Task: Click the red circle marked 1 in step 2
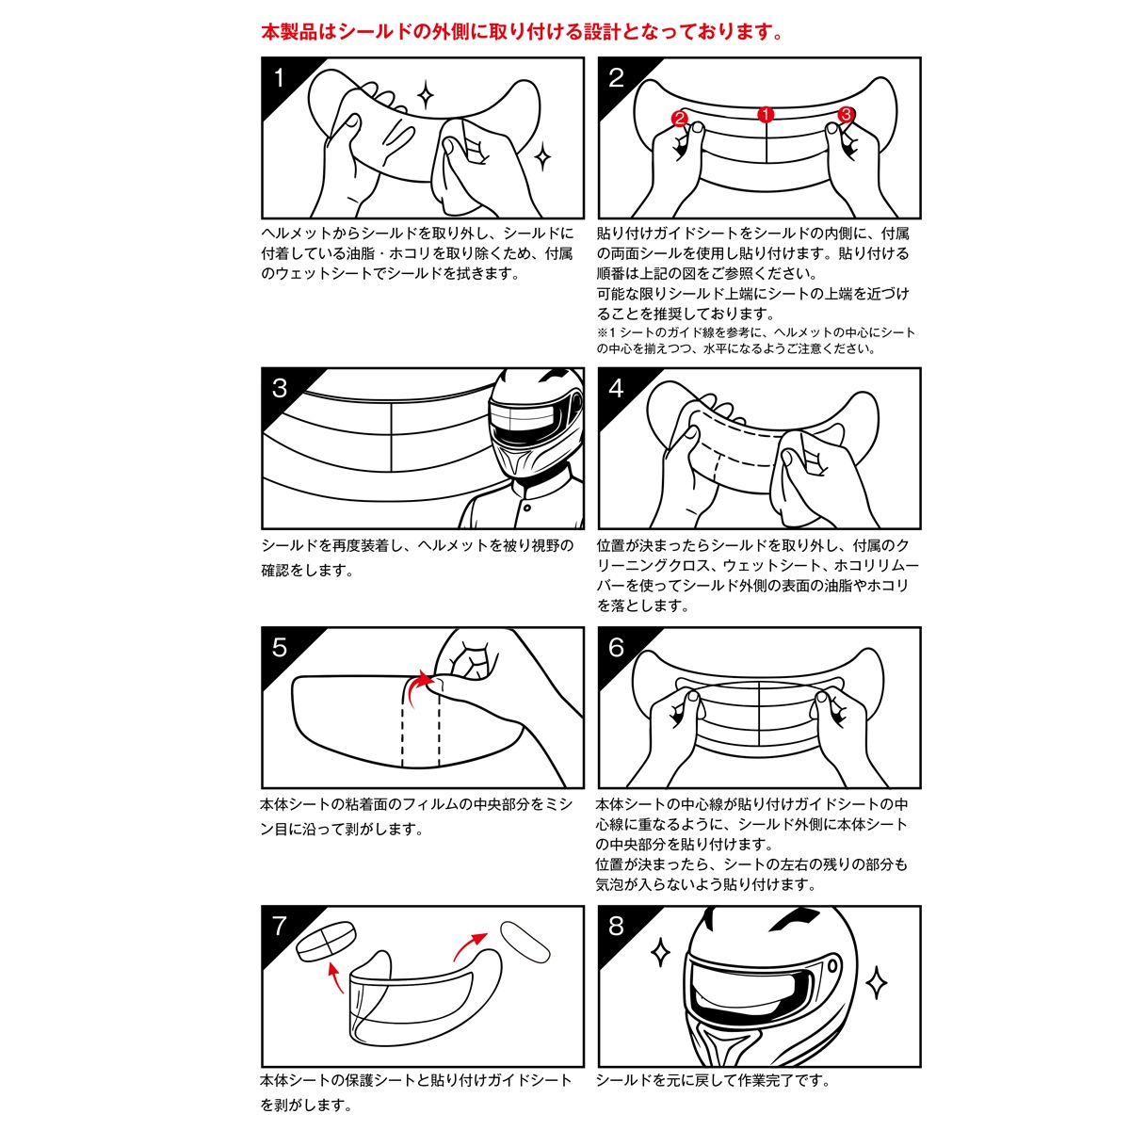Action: click(766, 115)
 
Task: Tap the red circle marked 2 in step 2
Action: click(681, 119)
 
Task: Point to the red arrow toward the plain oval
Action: click(467, 944)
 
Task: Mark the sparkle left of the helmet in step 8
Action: click(661, 953)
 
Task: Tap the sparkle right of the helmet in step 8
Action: click(876, 983)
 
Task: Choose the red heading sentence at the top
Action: click(523, 32)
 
